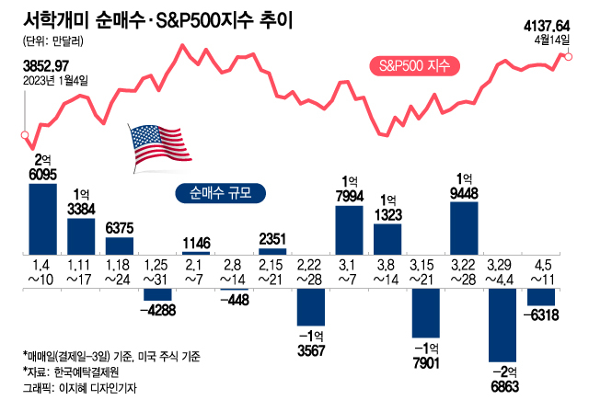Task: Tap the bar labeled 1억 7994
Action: tap(350, 229)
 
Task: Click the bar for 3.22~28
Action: tap(465, 227)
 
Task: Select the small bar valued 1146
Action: tap(196, 253)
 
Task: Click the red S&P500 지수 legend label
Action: tap(414, 66)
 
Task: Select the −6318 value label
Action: tap(542, 315)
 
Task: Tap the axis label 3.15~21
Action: tap(426, 271)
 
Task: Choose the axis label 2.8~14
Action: tap(235, 271)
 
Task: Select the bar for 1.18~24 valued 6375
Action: tap(120, 246)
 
